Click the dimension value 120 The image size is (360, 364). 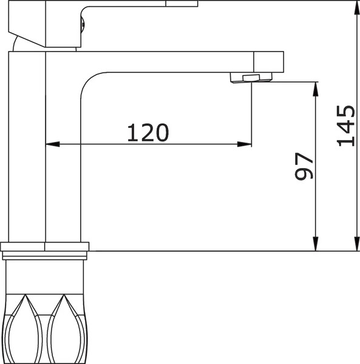[147, 132]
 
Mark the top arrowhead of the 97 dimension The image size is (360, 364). [314, 87]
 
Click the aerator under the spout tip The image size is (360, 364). [246, 77]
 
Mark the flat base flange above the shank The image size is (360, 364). [46, 246]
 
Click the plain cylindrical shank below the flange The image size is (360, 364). [46, 273]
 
